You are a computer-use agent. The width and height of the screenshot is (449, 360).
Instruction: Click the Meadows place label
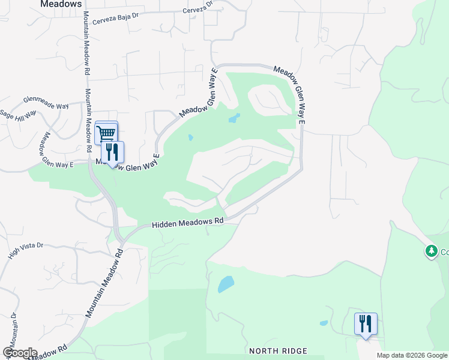[x=61, y=4]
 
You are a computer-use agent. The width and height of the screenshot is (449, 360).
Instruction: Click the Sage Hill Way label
[x=18, y=115]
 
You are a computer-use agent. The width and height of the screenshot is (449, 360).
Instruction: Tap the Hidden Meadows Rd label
[x=187, y=221]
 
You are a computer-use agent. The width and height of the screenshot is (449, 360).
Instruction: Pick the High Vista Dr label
[x=26, y=251]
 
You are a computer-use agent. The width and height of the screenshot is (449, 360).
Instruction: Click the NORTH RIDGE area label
[x=278, y=350]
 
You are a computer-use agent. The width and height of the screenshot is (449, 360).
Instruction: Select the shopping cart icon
[x=106, y=133]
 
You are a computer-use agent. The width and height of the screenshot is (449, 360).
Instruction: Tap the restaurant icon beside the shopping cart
[x=112, y=152]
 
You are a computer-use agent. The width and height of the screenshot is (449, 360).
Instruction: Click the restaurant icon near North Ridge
[x=366, y=324]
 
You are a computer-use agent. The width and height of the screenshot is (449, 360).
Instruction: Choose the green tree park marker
[x=431, y=251]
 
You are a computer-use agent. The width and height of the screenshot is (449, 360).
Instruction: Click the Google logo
[x=20, y=353]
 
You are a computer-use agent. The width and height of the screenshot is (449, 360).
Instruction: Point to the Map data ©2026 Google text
[x=412, y=355]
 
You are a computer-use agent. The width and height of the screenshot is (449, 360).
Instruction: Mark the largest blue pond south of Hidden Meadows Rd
[x=226, y=283]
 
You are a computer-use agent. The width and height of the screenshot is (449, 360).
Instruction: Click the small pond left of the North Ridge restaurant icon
[x=324, y=323]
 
